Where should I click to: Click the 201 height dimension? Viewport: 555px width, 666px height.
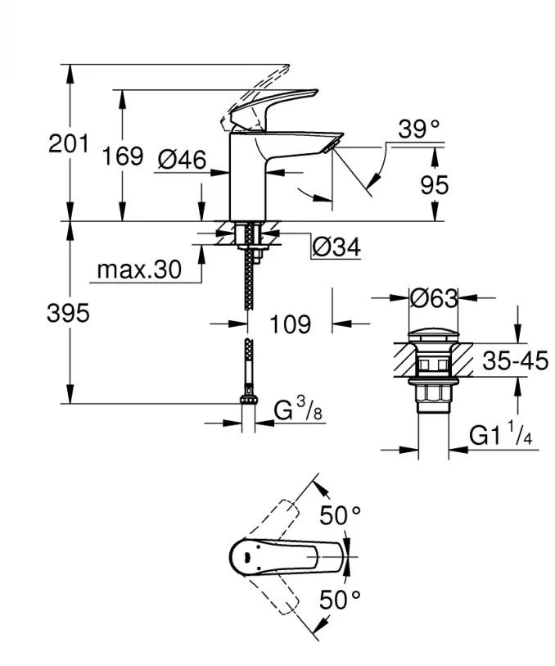point(68,144)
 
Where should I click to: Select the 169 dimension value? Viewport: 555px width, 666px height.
point(124,156)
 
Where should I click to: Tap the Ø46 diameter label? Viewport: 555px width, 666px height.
point(181,160)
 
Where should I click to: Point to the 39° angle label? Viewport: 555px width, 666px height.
point(419,129)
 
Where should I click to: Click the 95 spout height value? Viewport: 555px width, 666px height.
point(435,185)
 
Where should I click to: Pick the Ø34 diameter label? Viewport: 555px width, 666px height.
point(336,247)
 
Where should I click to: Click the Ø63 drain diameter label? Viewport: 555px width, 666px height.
point(433,298)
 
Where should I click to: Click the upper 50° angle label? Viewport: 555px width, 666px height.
point(340,516)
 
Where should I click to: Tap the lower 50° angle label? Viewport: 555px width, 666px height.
point(340,600)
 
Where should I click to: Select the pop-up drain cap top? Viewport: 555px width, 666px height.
point(433,334)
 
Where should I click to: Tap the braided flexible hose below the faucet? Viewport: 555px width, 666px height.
point(247,287)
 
